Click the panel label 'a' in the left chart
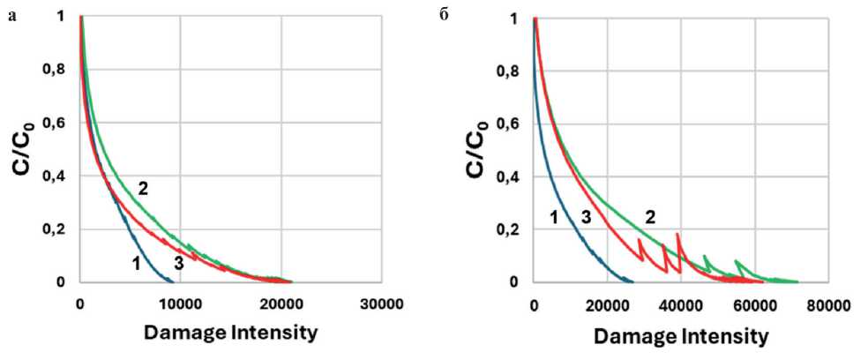click(11, 18)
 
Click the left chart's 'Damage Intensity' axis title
click(231, 334)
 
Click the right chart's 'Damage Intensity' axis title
click(680, 336)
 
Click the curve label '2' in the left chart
click(143, 187)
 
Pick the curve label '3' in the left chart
click(178, 262)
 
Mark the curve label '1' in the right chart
click(555, 216)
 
